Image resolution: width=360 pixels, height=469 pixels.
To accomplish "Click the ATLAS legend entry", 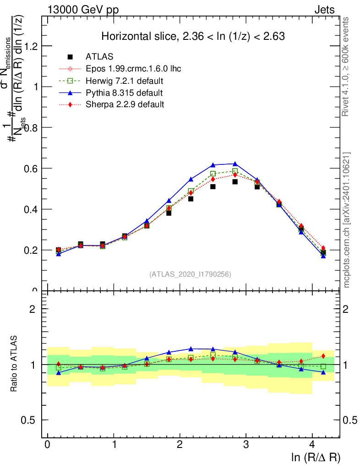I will coord(99,57).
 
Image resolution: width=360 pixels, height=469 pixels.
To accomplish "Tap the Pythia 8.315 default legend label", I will coord(124,93).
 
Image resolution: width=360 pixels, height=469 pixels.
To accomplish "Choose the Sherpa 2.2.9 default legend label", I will coord(125,104).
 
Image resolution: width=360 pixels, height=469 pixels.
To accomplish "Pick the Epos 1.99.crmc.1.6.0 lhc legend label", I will coord(133,69).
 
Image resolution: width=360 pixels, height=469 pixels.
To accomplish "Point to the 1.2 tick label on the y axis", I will coord(30,46).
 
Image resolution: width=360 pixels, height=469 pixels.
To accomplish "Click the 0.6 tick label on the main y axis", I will coord(30,169).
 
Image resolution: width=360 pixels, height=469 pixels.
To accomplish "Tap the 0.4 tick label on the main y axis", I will coord(30,209).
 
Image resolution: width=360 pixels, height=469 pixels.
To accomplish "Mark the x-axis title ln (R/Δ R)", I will coord(316,458).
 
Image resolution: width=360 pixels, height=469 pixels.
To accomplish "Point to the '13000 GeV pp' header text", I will coord(83,10).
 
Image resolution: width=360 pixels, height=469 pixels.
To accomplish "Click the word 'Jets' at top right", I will coord(324,10).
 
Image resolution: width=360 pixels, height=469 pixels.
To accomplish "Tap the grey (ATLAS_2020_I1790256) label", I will coord(190,274).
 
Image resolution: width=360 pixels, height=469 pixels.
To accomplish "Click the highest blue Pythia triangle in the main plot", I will coord(235,164).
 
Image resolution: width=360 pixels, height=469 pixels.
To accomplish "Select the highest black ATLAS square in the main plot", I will coord(235,182).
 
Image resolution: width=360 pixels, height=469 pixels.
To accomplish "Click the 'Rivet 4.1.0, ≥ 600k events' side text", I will coord(346,67).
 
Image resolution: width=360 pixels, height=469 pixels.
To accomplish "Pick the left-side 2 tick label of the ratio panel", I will coord(33,309).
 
